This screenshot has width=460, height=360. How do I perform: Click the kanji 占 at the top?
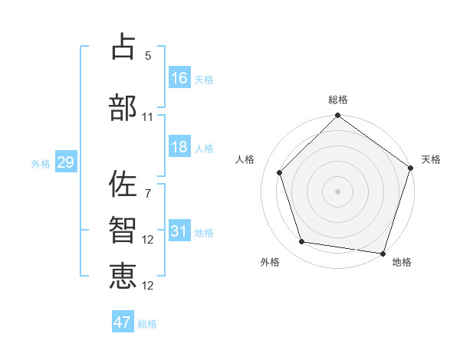[123, 47]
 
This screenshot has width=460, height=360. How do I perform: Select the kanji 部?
[123, 107]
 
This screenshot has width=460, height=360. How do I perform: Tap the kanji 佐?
[123, 184]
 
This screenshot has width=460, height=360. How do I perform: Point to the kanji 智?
[123, 231]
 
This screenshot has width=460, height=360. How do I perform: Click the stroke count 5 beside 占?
[148, 56]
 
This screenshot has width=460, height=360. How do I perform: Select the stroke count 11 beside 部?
[148, 117]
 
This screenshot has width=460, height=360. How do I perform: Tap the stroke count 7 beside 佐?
[148, 194]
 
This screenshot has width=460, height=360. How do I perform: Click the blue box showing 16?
[179, 77]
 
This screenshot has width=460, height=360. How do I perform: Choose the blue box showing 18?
[179, 147]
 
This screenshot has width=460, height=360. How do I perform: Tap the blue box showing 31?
[179, 231]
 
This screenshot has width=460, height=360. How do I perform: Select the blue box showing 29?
[65, 162]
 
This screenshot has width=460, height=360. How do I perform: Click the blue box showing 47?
[123, 322]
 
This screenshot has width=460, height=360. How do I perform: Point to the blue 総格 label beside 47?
[147, 324]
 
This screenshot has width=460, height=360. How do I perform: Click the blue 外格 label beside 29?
[41, 164]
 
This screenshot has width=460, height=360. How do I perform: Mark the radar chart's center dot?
[337, 191]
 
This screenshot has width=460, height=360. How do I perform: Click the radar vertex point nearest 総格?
[337, 116]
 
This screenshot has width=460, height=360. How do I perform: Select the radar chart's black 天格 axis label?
[431, 159]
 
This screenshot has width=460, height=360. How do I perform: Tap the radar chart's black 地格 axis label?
[402, 262]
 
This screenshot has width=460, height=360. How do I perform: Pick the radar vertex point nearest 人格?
[280, 172]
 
